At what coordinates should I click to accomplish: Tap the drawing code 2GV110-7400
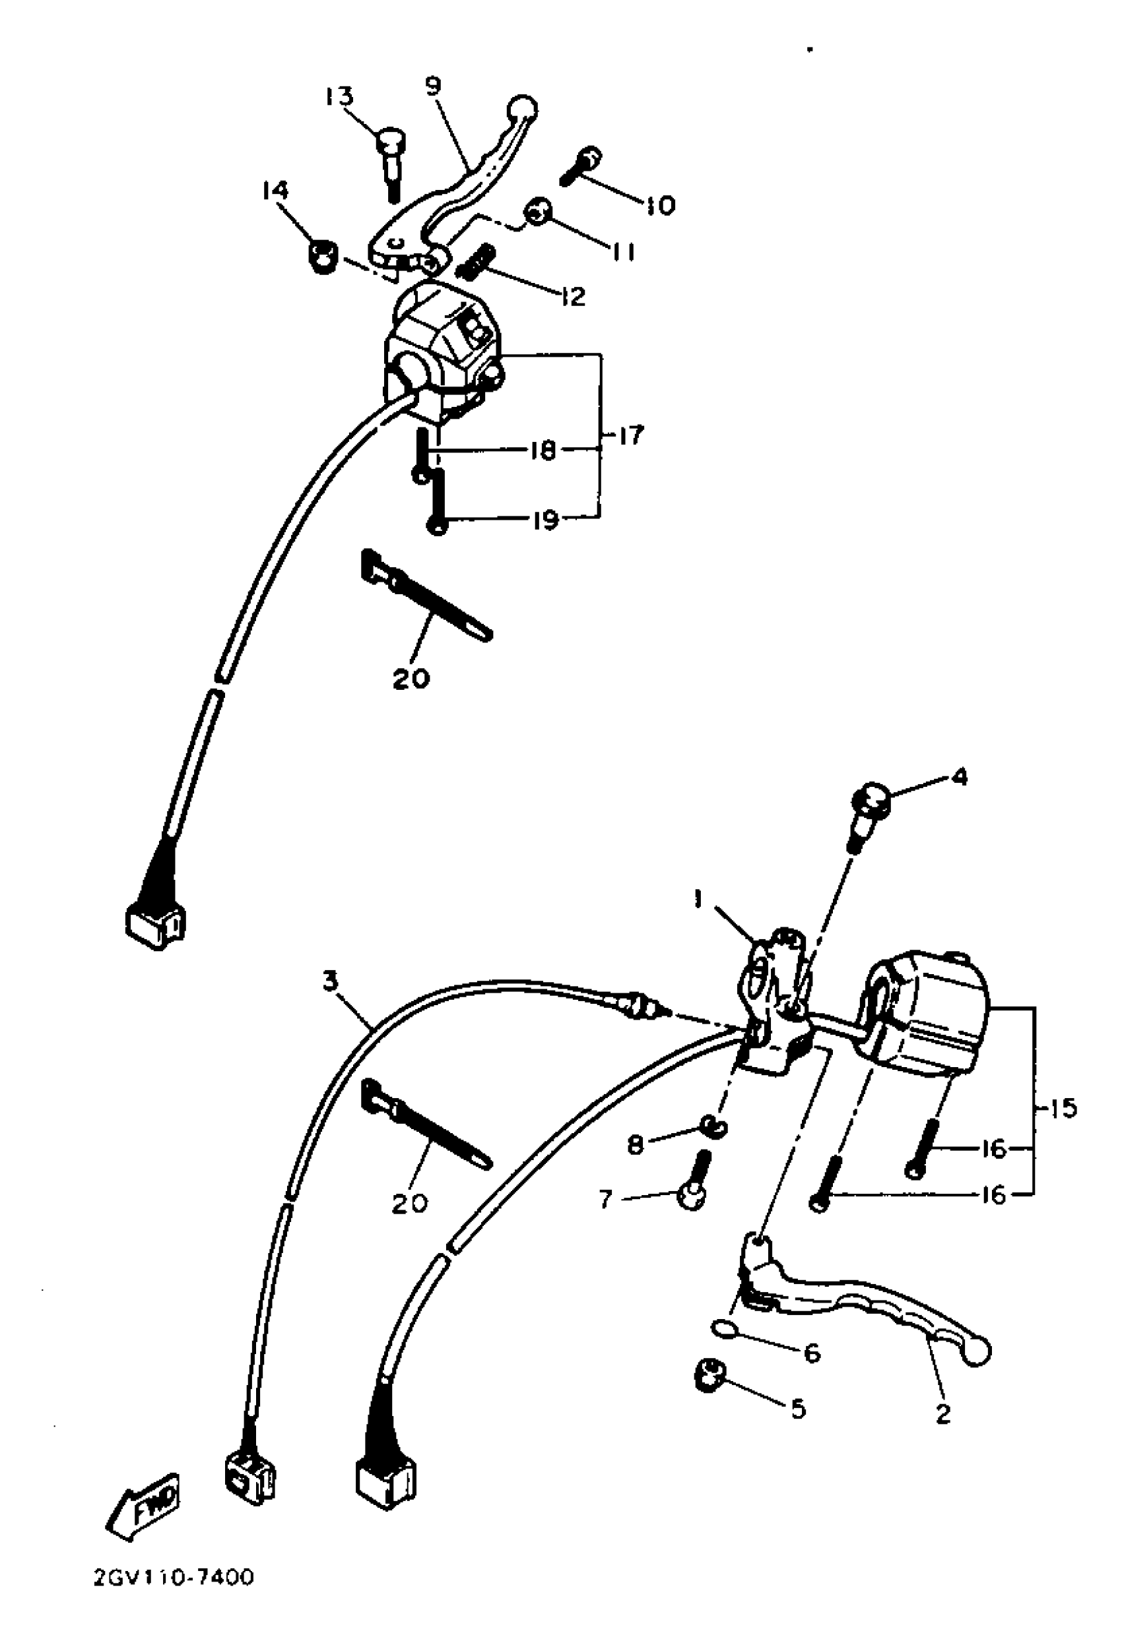click(174, 1597)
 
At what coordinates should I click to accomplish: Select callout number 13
click(339, 96)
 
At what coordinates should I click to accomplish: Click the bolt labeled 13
click(389, 158)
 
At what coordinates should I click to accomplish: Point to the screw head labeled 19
click(436, 525)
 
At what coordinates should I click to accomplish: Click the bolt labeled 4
click(870, 806)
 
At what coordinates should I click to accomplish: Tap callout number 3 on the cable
click(331, 981)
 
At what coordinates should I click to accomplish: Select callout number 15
click(1064, 1108)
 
